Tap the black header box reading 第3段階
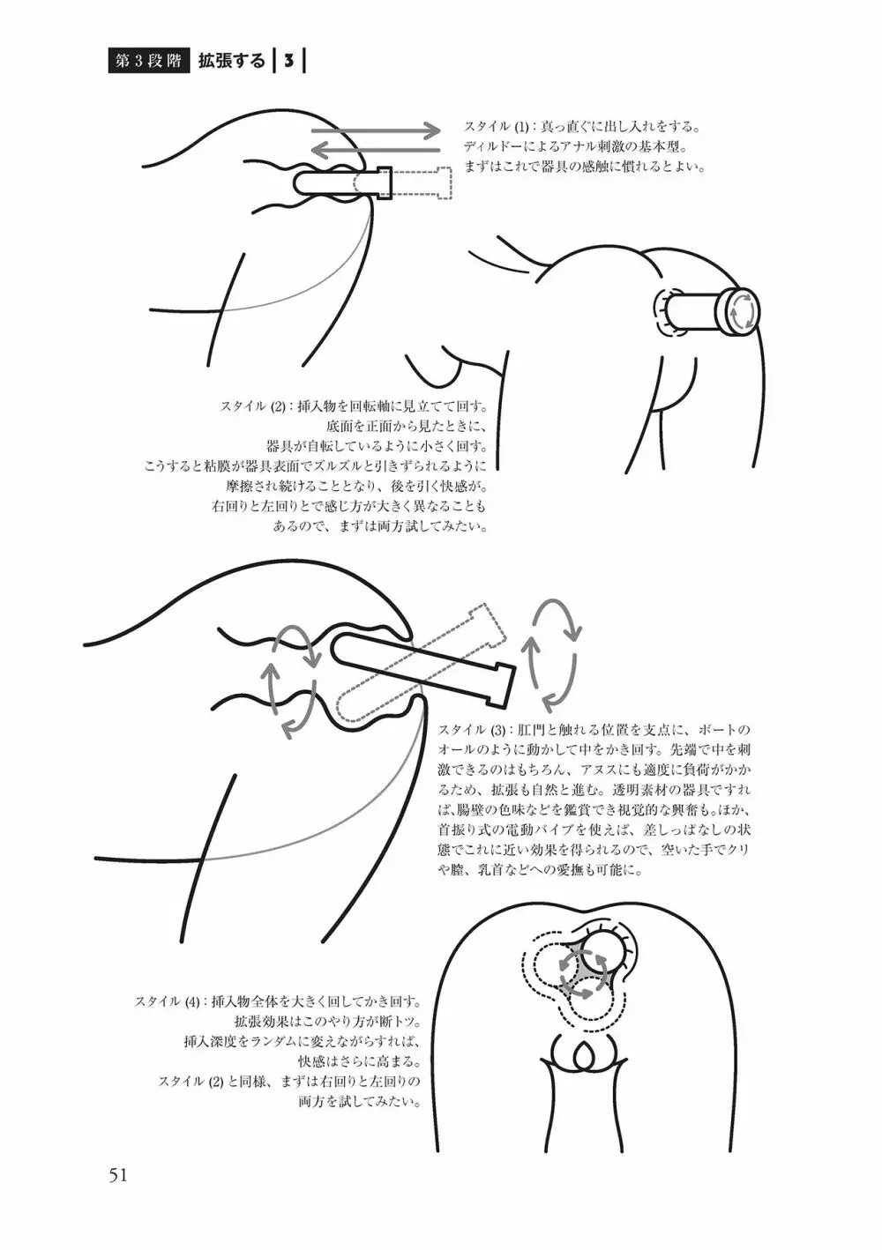click(149, 62)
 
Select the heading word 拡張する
click(232, 62)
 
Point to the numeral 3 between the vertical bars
click(288, 62)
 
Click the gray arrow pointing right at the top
click(377, 130)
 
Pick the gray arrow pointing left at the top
click(377, 150)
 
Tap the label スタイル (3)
click(472, 729)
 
